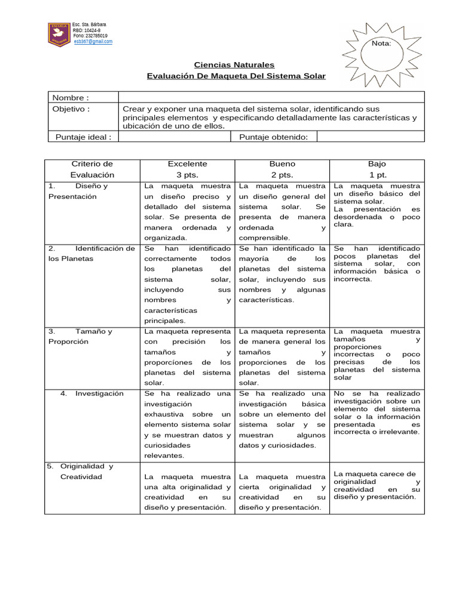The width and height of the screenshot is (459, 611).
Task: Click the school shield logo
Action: [59, 35]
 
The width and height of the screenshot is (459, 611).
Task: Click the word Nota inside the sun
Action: [381, 44]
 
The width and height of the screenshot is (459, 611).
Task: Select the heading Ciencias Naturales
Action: [235, 64]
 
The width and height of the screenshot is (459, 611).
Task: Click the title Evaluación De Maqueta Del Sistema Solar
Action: [236, 76]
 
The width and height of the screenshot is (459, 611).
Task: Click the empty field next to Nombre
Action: [271, 98]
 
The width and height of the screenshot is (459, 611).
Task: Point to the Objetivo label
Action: [71, 109]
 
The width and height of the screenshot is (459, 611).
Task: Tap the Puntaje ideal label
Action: [83, 137]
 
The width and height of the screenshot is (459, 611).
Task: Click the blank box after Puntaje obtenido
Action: [370, 137]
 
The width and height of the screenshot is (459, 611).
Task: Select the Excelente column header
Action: [187, 169]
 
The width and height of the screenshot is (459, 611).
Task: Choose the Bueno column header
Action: [282, 169]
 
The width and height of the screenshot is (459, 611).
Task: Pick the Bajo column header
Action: [377, 169]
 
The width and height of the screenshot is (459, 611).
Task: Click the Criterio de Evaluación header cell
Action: [92, 169]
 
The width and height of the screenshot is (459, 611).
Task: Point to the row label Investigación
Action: [99, 393]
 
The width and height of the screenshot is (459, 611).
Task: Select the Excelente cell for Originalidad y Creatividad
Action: [187, 492]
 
